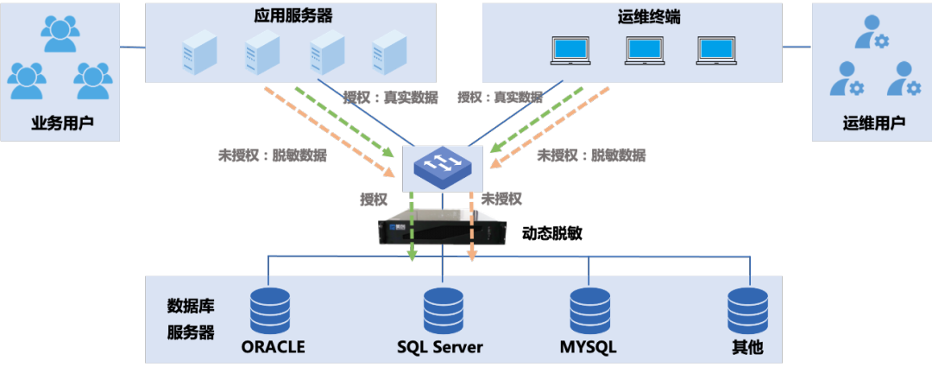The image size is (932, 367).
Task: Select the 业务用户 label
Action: (x=61, y=123)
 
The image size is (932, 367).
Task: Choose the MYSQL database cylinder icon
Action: (x=591, y=310)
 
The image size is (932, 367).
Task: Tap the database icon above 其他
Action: (x=747, y=310)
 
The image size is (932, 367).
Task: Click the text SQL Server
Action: (x=440, y=347)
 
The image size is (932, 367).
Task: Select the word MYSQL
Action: (x=588, y=347)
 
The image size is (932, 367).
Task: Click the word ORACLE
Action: (x=274, y=347)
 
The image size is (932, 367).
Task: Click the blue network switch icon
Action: (x=442, y=165)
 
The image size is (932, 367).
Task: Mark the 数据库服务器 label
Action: (x=191, y=320)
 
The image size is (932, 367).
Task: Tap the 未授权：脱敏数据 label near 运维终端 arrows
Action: (x=591, y=156)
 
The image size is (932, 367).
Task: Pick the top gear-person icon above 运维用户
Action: (x=870, y=34)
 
